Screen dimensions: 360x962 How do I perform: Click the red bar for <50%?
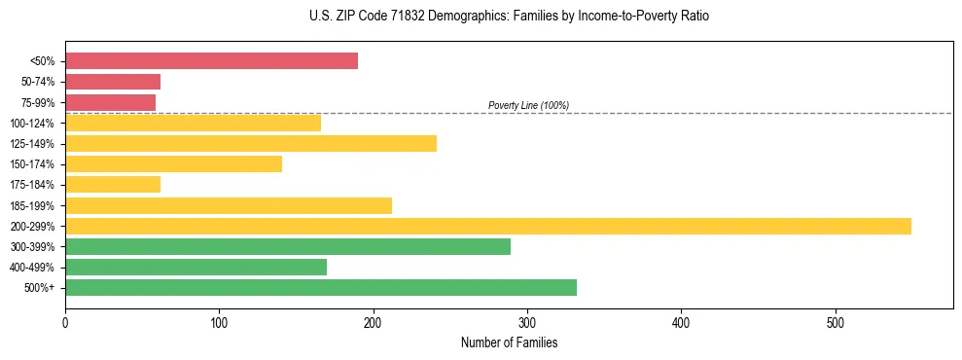[x=211, y=61]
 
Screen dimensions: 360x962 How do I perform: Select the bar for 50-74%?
[x=113, y=82]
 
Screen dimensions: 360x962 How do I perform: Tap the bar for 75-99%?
[x=110, y=102]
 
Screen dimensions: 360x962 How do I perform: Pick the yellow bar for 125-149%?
[x=251, y=144]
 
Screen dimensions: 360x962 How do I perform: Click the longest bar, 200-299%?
[x=488, y=227]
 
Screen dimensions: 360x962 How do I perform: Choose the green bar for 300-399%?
[x=288, y=247]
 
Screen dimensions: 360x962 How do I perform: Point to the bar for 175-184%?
[x=113, y=185]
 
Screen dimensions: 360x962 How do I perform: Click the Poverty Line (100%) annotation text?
[x=528, y=105]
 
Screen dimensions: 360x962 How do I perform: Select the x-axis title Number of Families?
[x=509, y=342]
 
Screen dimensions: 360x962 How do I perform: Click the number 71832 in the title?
[x=395, y=17]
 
